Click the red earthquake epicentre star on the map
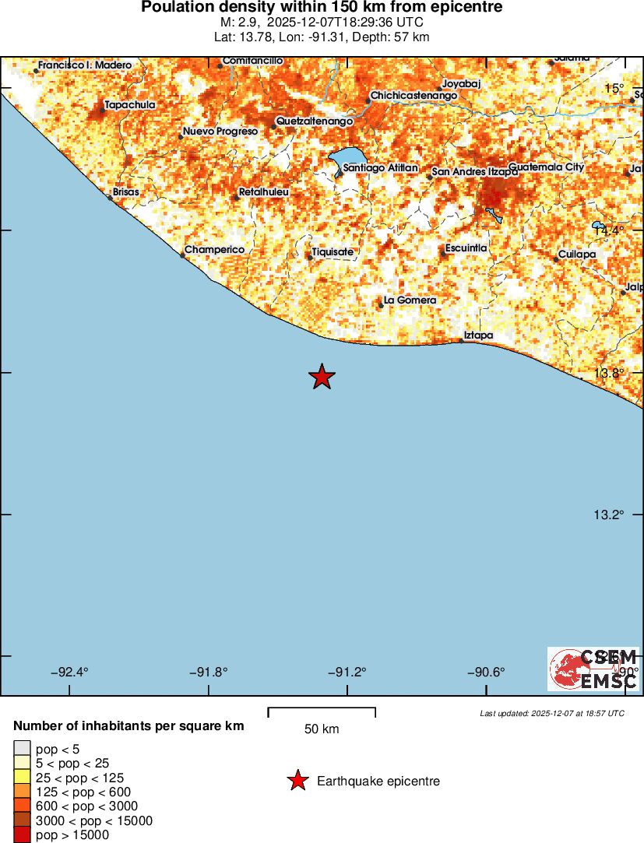point(322,377)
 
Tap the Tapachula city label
point(130,104)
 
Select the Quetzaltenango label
point(315,121)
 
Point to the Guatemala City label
point(546,167)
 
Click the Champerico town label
point(214,249)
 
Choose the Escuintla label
point(466,248)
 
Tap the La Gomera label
point(410,300)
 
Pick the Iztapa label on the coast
point(478,335)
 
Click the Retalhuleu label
point(263,191)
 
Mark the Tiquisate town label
point(333,251)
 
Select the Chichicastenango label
point(413,96)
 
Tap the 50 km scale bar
point(322,712)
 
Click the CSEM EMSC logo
point(593,669)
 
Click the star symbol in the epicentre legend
point(297,781)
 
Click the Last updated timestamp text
point(552,713)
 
